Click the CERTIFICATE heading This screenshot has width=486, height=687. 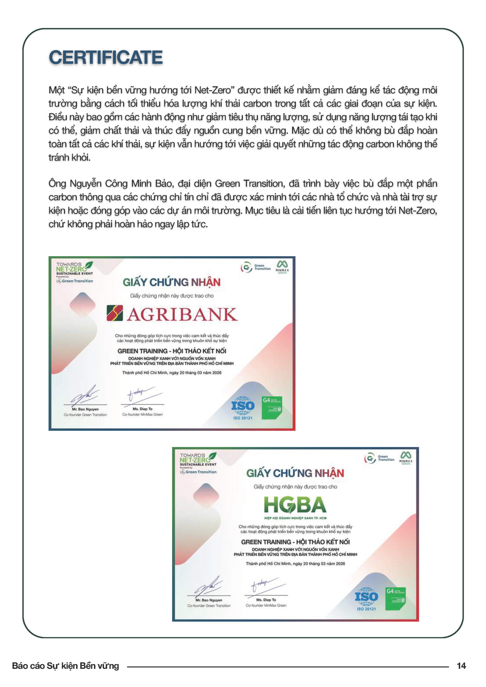click(x=106, y=57)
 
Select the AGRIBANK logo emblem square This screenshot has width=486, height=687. click(x=115, y=313)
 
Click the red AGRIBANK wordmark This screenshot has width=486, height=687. click(x=182, y=314)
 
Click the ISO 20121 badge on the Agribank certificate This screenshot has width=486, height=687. click(x=242, y=407)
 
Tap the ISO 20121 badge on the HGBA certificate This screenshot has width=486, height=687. click(x=366, y=598)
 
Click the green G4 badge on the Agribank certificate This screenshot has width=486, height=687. click(x=272, y=407)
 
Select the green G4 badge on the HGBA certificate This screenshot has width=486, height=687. click(x=396, y=598)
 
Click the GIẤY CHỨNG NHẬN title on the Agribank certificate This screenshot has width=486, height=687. click(x=172, y=282)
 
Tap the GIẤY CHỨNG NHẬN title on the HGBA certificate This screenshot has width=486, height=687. click(x=295, y=473)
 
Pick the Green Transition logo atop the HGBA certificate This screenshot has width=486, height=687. click(x=379, y=458)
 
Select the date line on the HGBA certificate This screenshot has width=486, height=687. click(x=295, y=564)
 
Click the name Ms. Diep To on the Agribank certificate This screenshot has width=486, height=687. click(x=143, y=409)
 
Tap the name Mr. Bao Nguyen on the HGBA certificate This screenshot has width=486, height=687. click(x=209, y=600)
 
